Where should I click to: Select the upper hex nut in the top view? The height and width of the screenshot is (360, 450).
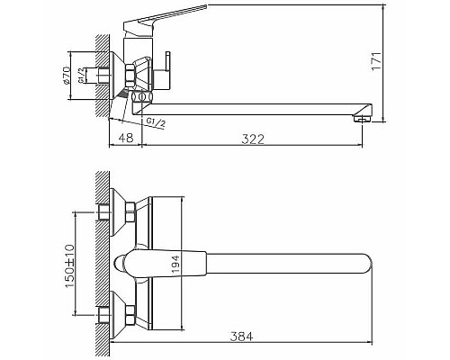pos(130,213)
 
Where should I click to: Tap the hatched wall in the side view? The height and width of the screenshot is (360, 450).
pos(98,72)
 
